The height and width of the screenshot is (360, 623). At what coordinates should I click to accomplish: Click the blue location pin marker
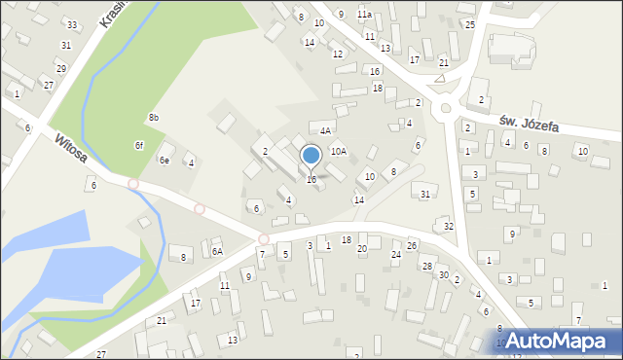click(x=311, y=156)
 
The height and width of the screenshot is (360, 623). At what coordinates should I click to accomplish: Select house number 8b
click(x=154, y=118)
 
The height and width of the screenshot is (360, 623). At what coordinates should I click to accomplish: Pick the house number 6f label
click(x=139, y=145)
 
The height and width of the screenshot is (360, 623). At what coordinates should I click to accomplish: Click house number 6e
click(x=165, y=161)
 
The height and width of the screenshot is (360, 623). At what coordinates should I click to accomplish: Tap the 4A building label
click(x=326, y=130)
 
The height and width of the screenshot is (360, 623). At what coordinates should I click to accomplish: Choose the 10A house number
click(x=338, y=151)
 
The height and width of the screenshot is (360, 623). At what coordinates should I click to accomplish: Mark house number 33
click(x=71, y=24)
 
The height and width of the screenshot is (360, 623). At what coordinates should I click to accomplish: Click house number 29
click(x=60, y=68)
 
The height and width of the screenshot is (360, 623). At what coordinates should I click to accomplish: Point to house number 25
click(x=469, y=24)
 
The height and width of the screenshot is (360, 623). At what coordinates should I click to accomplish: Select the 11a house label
click(x=364, y=15)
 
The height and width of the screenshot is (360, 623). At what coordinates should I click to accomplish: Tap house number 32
click(x=449, y=227)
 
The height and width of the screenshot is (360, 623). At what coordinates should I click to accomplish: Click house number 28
click(x=426, y=266)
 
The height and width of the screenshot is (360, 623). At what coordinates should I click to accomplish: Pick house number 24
click(x=396, y=255)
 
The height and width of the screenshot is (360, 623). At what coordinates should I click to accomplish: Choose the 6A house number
click(x=217, y=251)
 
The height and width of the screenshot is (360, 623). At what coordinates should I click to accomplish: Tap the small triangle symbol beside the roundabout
click(x=440, y=77)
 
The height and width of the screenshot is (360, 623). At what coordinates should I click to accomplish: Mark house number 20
click(x=362, y=249)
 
